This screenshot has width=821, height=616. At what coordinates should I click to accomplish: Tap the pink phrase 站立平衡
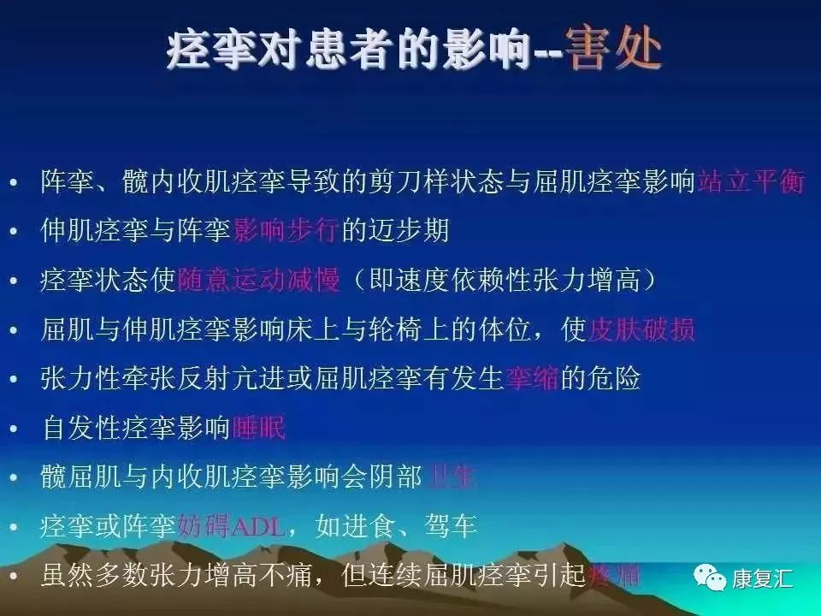(751, 181)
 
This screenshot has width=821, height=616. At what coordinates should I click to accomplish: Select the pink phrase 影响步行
(287, 231)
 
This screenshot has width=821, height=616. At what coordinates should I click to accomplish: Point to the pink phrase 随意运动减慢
(258, 280)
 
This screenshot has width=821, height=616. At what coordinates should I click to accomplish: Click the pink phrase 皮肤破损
(641, 329)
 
